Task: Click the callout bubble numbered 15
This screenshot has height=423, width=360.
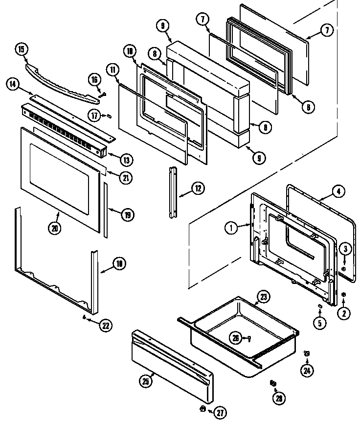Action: click(x=21, y=49)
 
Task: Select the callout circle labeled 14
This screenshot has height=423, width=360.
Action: click(x=13, y=85)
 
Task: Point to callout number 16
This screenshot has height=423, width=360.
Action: click(x=94, y=79)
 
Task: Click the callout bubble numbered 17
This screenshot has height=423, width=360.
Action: click(x=95, y=116)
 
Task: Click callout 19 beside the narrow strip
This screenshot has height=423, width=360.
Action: click(x=128, y=214)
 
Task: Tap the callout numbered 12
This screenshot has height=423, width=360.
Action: click(x=197, y=188)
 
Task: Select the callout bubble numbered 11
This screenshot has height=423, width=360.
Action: click(x=113, y=70)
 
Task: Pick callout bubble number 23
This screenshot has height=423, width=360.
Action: click(x=263, y=297)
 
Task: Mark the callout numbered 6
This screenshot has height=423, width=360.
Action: click(x=308, y=108)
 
